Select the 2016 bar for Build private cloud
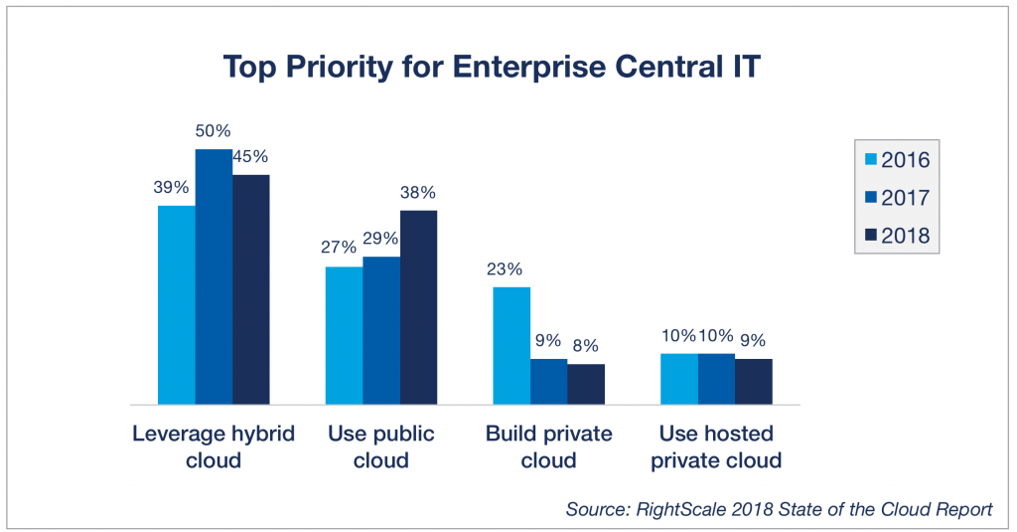click(511, 345)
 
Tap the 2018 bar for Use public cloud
click(418, 307)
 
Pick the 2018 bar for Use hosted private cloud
click(754, 381)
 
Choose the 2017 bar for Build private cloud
click(548, 381)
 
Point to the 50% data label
click(213, 130)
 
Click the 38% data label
click(418, 192)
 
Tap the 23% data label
click(504, 268)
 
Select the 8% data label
click(586, 346)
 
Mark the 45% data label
click(250, 156)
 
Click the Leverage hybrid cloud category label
click(214, 447)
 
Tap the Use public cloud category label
click(381, 447)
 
